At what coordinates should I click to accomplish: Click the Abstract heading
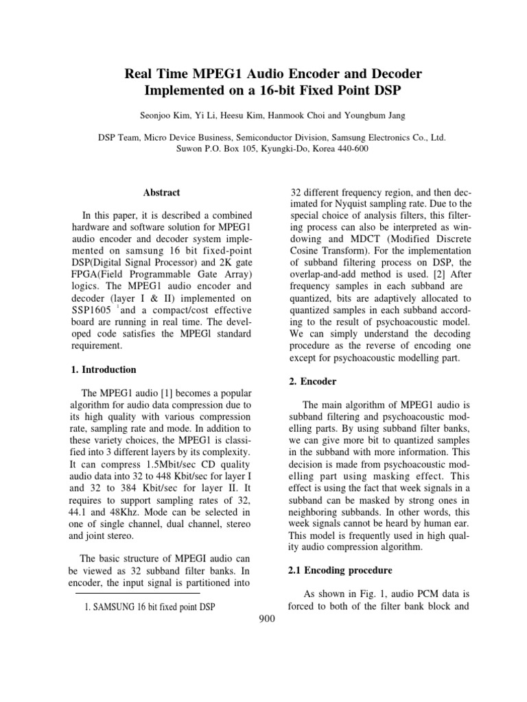point(161,193)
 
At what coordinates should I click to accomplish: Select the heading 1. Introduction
point(104,370)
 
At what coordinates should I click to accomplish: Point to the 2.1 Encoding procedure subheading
point(329,570)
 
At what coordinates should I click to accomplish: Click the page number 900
point(264,619)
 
